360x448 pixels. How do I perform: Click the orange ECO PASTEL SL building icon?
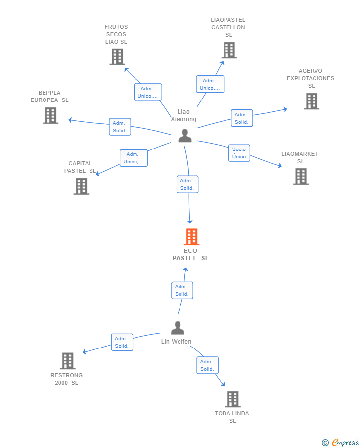191,237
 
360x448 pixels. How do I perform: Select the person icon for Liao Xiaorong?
185,136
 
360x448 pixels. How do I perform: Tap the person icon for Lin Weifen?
178,328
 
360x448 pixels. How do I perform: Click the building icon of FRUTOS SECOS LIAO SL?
117,57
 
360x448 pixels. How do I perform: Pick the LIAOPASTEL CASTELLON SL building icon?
229,50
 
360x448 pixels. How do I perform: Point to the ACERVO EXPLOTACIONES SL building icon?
312,101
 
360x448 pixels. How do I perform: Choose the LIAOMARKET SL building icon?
301,177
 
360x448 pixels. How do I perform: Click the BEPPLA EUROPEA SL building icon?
50,115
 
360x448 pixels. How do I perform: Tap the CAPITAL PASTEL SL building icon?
82,186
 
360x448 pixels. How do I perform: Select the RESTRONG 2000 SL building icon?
68,361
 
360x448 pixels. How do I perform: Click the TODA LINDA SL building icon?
233,399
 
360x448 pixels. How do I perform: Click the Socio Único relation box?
239,153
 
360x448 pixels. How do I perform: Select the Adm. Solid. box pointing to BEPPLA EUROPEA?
120,127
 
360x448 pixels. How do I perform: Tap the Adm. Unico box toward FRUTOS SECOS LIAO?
148,92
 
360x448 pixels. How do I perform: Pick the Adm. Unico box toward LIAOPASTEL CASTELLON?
210,84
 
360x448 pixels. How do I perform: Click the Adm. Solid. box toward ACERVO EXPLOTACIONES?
242,118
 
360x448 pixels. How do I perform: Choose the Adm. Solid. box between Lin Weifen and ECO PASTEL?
182,290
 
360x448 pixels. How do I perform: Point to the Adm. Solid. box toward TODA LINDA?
207,365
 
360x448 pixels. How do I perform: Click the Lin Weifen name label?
176,342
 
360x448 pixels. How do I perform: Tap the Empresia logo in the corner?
340,442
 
